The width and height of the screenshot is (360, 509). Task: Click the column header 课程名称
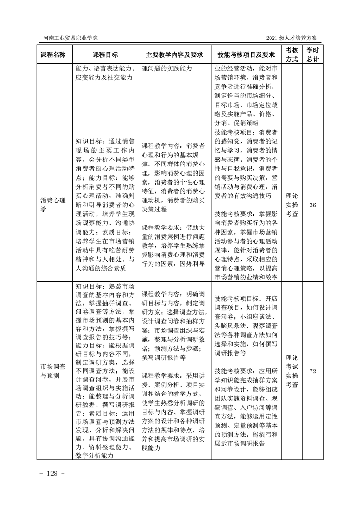click(x=53, y=54)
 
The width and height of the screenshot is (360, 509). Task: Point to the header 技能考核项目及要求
click(x=247, y=54)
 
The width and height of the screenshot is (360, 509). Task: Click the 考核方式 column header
click(x=291, y=54)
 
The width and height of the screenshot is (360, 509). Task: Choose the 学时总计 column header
click(x=312, y=54)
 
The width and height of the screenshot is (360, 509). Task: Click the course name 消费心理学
click(x=53, y=206)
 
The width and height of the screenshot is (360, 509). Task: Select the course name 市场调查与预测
click(x=53, y=371)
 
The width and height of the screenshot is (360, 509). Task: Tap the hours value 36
click(x=312, y=206)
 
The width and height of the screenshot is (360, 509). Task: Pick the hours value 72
click(x=312, y=371)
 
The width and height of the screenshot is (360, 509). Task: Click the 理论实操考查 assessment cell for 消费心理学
click(x=291, y=206)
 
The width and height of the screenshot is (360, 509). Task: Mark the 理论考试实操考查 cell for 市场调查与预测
click(x=291, y=371)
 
